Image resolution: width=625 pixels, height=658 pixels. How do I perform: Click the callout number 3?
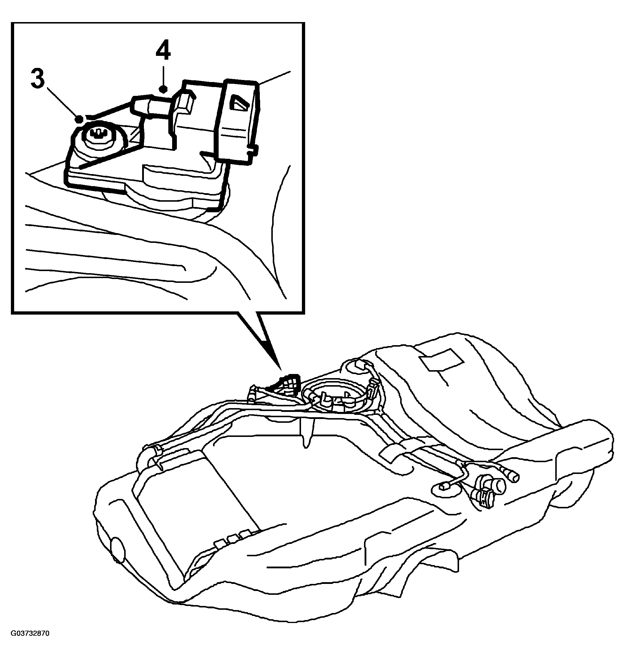pyautogui.click(x=38, y=79)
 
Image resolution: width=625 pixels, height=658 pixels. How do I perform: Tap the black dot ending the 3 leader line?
pyautogui.click(x=79, y=119)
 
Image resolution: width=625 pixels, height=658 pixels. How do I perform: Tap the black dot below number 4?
pyautogui.click(x=163, y=89)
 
